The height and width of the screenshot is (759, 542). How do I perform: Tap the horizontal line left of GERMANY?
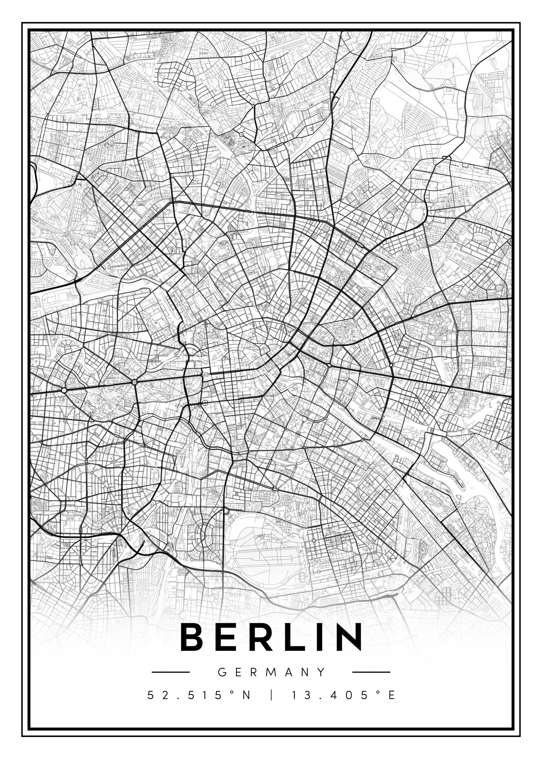170,672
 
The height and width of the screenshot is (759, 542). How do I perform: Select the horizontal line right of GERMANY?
371,672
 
